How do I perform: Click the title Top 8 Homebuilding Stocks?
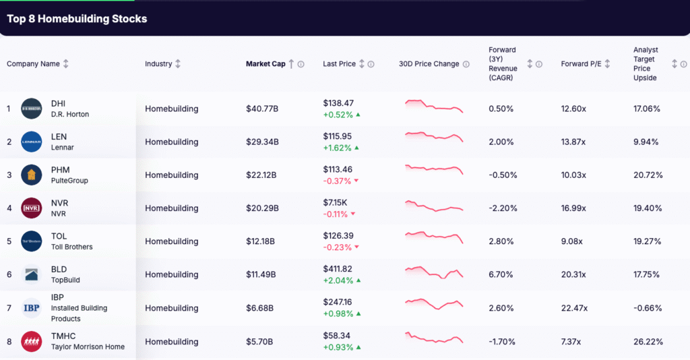(77, 18)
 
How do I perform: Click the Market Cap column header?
(265, 64)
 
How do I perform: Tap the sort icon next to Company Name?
(66, 64)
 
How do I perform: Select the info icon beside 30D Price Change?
(465, 64)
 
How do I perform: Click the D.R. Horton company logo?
(32, 109)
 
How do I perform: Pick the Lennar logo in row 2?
(32, 142)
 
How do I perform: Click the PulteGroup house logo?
(32, 175)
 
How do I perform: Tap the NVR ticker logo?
(32, 208)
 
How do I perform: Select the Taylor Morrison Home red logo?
(32, 341)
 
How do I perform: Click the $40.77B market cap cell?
(262, 109)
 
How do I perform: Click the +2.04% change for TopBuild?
(338, 280)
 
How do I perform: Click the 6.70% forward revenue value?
(501, 274)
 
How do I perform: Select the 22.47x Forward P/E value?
(574, 308)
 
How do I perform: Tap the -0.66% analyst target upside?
(647, 308)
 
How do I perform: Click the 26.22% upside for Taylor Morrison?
(648, 341)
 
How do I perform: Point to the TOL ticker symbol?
(59, 236)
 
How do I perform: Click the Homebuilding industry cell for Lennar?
(171, 142)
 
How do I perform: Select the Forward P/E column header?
(580, 64)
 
